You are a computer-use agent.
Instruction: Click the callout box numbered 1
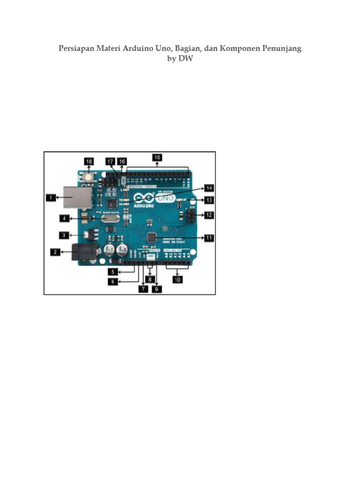[51, 198]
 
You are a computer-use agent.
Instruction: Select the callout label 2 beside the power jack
[55, 252]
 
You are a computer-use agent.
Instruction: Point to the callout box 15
[157, 157]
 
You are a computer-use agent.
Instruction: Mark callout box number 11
[209, 238]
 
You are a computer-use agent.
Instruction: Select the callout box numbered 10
[178, 279]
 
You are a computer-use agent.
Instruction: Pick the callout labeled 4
[65, 218]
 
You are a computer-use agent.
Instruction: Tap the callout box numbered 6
[113, 281]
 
